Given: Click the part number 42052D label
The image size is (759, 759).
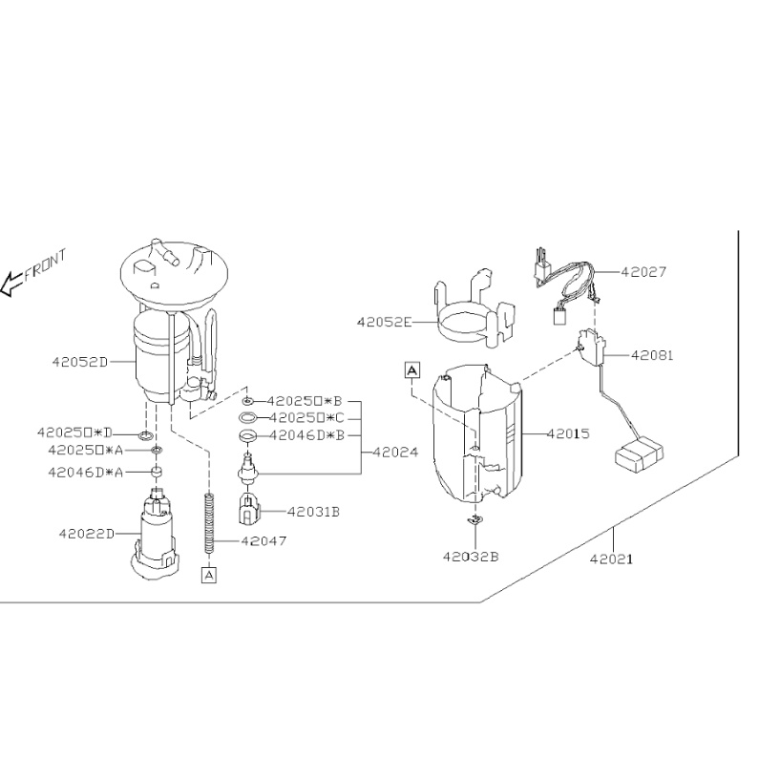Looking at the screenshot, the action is tap(80, 362).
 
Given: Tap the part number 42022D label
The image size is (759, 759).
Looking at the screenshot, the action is tap(87, 534).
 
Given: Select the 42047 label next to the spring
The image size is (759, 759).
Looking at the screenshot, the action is tap(264, 540).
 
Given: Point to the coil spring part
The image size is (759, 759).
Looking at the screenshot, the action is tap(209, 523).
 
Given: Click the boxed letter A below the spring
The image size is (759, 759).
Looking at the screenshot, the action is tap(209, 575).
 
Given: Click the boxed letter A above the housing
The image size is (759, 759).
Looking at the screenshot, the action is tap(411, 370).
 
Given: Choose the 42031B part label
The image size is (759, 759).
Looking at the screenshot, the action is tap(313, 511).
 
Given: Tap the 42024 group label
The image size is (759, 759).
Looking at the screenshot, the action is tap(395, 453).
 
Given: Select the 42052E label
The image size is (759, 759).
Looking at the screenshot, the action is tap(385, 322).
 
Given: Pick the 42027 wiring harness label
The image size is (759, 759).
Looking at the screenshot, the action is tap(643, 272).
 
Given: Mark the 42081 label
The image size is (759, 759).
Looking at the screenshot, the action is tap(652, 355).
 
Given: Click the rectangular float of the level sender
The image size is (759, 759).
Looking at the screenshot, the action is tap(639, 454).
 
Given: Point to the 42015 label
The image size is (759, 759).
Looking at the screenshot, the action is tap(568, 433).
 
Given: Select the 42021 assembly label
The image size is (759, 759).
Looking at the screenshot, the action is tap(611, 559).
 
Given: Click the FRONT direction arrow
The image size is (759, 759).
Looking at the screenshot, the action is tap(12, 285).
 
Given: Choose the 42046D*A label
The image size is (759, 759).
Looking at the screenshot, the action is tap(86, 472).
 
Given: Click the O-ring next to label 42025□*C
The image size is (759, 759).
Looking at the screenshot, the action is tap(248, 417).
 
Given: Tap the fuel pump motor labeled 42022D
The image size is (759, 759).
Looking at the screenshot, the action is tap(155, 535).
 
